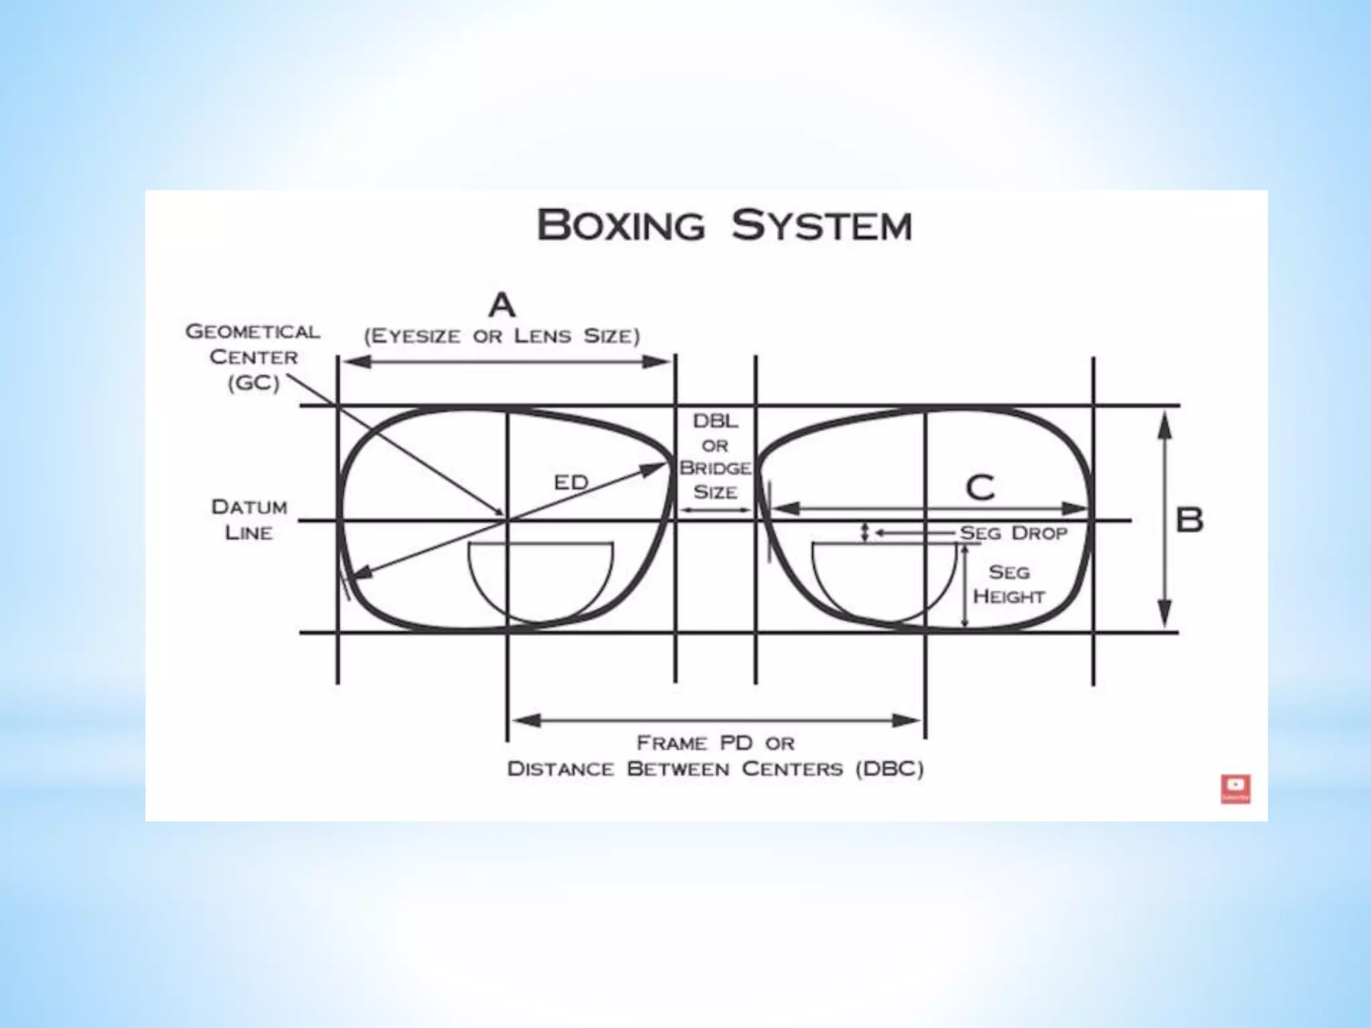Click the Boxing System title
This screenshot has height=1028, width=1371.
tap(724, 225)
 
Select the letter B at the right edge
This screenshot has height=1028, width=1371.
tap(1189, 519)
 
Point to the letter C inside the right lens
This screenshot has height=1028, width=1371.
tap(980, 487)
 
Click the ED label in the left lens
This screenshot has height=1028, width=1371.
tap(571, 482)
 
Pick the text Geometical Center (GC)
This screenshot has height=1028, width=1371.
tap(253, 357)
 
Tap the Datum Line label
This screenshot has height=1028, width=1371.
tap(249, 519)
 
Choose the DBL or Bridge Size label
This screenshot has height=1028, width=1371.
tap(715, 456)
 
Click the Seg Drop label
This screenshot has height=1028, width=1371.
tap(1013, 533)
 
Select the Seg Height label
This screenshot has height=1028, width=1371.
tap(1009, 584)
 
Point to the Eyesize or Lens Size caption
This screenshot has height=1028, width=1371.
tap(502, 335)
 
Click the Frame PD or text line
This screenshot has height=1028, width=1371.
tap(715, 743)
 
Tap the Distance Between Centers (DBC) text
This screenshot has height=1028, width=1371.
tap(715, 769)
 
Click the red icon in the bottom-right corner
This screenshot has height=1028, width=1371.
tap(1235, 788)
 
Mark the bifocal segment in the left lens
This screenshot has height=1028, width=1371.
tap(540, 576)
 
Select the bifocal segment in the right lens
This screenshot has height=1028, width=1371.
tap(884, 576)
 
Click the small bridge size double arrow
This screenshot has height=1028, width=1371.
tap(715, 510)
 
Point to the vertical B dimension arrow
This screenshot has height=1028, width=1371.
tap(1165, 519)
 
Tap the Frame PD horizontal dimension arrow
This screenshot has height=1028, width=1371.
tap(715, 721)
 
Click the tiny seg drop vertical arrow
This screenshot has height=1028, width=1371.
tap(865, 533)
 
